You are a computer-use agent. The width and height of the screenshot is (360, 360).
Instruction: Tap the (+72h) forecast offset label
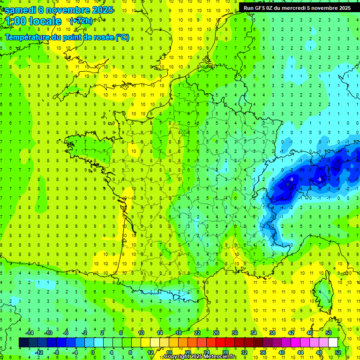(81, 21)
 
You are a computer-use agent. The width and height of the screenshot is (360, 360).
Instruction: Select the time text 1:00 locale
(33, 21)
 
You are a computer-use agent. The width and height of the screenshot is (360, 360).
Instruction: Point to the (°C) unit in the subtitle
(122, 37)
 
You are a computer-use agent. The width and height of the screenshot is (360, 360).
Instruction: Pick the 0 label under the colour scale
(92, 352)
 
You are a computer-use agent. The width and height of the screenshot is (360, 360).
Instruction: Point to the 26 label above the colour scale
(216, 333)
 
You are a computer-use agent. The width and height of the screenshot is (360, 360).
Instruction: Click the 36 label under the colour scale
(263, 352)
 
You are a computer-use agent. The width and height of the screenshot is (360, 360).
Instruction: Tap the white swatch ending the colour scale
(333, 343)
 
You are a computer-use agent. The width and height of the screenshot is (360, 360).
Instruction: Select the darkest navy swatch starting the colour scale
(23, 343)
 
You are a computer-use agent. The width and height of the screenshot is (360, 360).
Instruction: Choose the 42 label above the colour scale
(291, 333)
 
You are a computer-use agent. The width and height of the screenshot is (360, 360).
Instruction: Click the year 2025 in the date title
(101, 10)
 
